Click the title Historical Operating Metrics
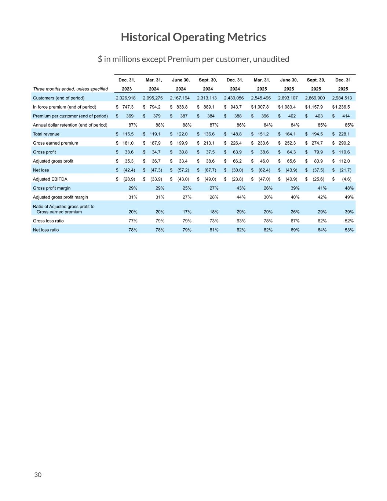(193, 37)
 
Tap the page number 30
(38, 475)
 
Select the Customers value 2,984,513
(342, 98)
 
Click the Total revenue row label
(46, 134)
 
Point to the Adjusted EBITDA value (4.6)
(346, 179)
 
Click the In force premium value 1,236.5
(343, 107)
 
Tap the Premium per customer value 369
(129, 116)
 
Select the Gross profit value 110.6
(344, 152)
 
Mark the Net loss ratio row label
(46, 230)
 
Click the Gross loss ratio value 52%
(349, 221)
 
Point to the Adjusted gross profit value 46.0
(264, 161)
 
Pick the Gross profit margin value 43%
(241, 188)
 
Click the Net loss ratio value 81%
(214, 230)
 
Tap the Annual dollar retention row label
(70, 125)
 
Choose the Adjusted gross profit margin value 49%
(349, 197)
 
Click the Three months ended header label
(70, 89)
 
